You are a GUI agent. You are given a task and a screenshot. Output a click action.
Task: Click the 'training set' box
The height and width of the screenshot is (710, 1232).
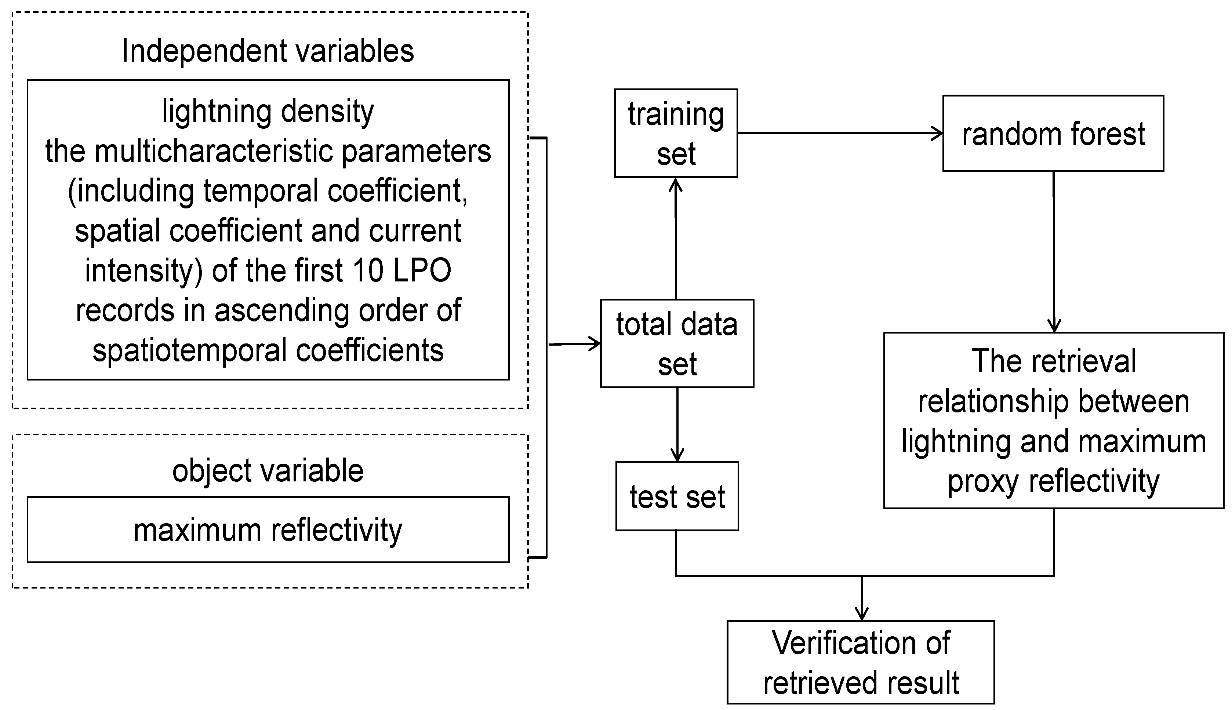tap(676, 133)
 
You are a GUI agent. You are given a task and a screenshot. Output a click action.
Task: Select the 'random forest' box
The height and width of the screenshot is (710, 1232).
tap(1053, 133)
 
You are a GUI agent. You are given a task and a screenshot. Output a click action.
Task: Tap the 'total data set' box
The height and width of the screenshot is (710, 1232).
tap(676, 343)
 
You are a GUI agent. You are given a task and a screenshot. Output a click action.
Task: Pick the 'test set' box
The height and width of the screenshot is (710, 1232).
tap(676, 496)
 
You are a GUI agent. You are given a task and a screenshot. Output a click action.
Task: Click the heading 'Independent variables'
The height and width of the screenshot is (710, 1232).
tap(268, 51)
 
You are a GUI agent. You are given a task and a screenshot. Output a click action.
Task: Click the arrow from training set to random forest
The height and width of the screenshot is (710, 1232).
tap(839, 133)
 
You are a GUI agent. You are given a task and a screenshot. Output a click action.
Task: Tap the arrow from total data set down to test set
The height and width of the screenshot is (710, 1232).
tap(677, 424)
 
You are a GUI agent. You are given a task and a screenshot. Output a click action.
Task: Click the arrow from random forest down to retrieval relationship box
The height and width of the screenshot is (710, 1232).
tap(1054, 251)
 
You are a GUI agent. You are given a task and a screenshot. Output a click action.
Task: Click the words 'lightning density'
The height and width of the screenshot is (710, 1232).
tap(268, 112)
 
